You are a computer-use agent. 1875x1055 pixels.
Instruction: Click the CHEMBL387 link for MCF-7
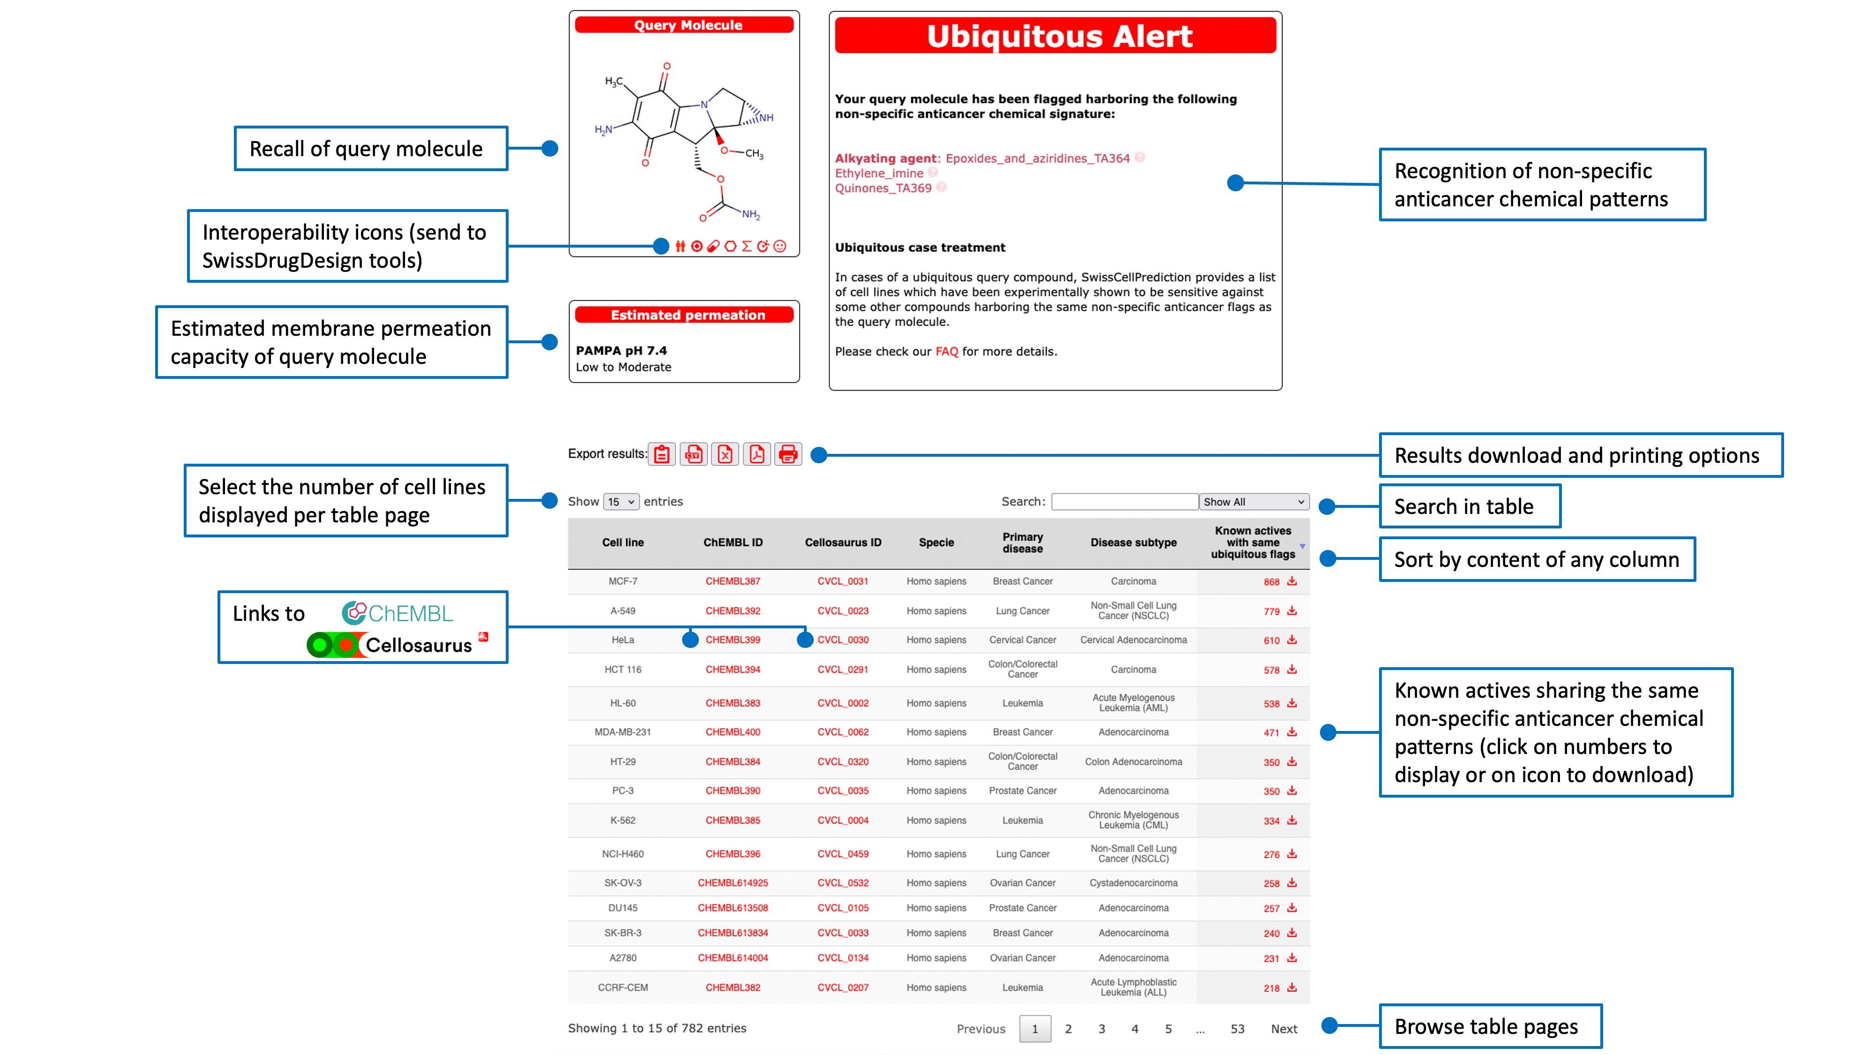tap(732, 581)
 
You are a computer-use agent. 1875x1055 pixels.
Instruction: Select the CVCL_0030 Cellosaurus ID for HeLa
tap(843, 640)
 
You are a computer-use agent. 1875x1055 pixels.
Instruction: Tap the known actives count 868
tap(1271, 582)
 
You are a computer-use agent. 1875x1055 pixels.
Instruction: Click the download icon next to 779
tap(1292, 611)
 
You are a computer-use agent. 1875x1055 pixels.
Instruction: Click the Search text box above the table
tap(1124, 502)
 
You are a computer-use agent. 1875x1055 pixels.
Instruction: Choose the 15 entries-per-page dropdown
tap(621, 502)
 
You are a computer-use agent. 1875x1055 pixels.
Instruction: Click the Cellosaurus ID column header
tap(843, 543)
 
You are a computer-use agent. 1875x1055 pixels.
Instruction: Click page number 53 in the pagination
tap(1237, 1029)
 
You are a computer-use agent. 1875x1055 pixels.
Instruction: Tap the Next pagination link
tap(1284, 1029)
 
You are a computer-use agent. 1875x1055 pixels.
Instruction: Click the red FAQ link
tap(946, 352)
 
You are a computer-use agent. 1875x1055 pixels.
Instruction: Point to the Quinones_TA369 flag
tap(883, 188)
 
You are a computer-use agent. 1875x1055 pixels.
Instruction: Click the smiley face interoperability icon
tap(780, 246)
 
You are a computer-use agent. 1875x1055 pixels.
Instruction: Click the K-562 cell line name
tap(622, 821)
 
